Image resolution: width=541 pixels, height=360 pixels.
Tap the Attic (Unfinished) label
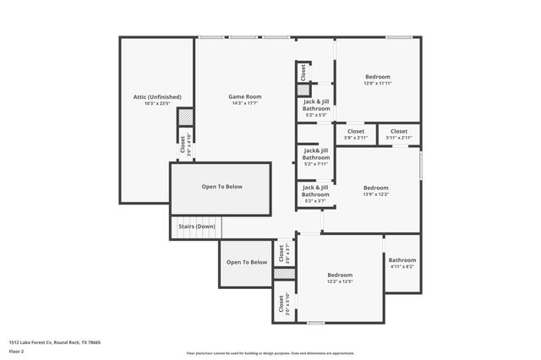(x=157, y=97)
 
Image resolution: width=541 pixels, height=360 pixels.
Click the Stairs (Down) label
(x=196, y=226)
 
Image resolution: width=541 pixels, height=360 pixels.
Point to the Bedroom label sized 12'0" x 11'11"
(x=377, y=76)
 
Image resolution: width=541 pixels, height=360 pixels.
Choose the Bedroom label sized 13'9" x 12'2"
(x=375, y=188)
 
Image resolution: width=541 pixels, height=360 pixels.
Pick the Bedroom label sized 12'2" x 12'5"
(x=340, y=275)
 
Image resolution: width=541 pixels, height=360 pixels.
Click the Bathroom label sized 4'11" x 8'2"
(x=402, y=260)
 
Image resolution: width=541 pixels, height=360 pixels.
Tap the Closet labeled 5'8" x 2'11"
(x=356, y=131)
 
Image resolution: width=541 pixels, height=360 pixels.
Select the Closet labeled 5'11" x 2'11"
(x=399, y=131)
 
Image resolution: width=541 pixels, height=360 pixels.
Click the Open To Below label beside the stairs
(x=221, y=187)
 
